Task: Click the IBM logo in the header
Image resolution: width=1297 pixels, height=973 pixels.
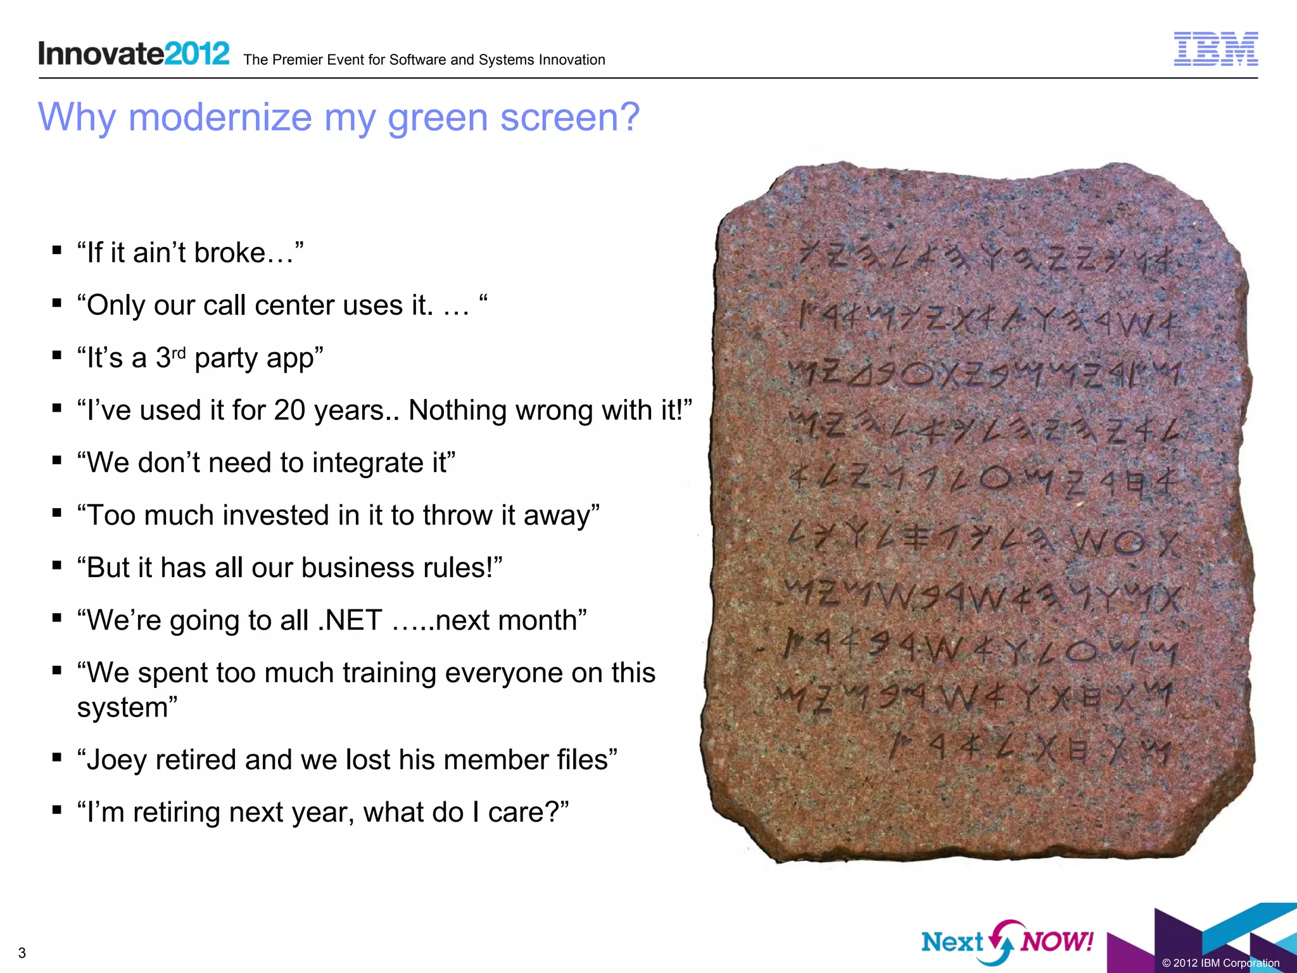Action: coord(1215,49)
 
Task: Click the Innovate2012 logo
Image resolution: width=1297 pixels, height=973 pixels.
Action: coord(134,53)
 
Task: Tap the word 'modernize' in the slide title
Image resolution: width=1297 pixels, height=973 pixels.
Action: coord(220,117)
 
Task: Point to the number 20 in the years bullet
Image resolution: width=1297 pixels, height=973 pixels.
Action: coord(289,410)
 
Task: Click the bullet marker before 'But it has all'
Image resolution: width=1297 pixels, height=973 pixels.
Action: coord(57,564)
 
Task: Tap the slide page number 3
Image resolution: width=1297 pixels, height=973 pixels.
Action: coord(22,953)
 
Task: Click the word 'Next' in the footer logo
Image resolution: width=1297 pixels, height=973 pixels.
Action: coord(952,942)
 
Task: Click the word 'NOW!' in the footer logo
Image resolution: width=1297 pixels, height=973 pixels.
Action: coord(1057,941)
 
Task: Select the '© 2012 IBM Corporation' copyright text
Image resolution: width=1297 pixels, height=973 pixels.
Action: coord(1220,963)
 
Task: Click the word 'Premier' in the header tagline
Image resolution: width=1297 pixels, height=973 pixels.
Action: coord(296,60)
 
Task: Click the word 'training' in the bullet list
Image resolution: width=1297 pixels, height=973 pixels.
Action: coord(389,673)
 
